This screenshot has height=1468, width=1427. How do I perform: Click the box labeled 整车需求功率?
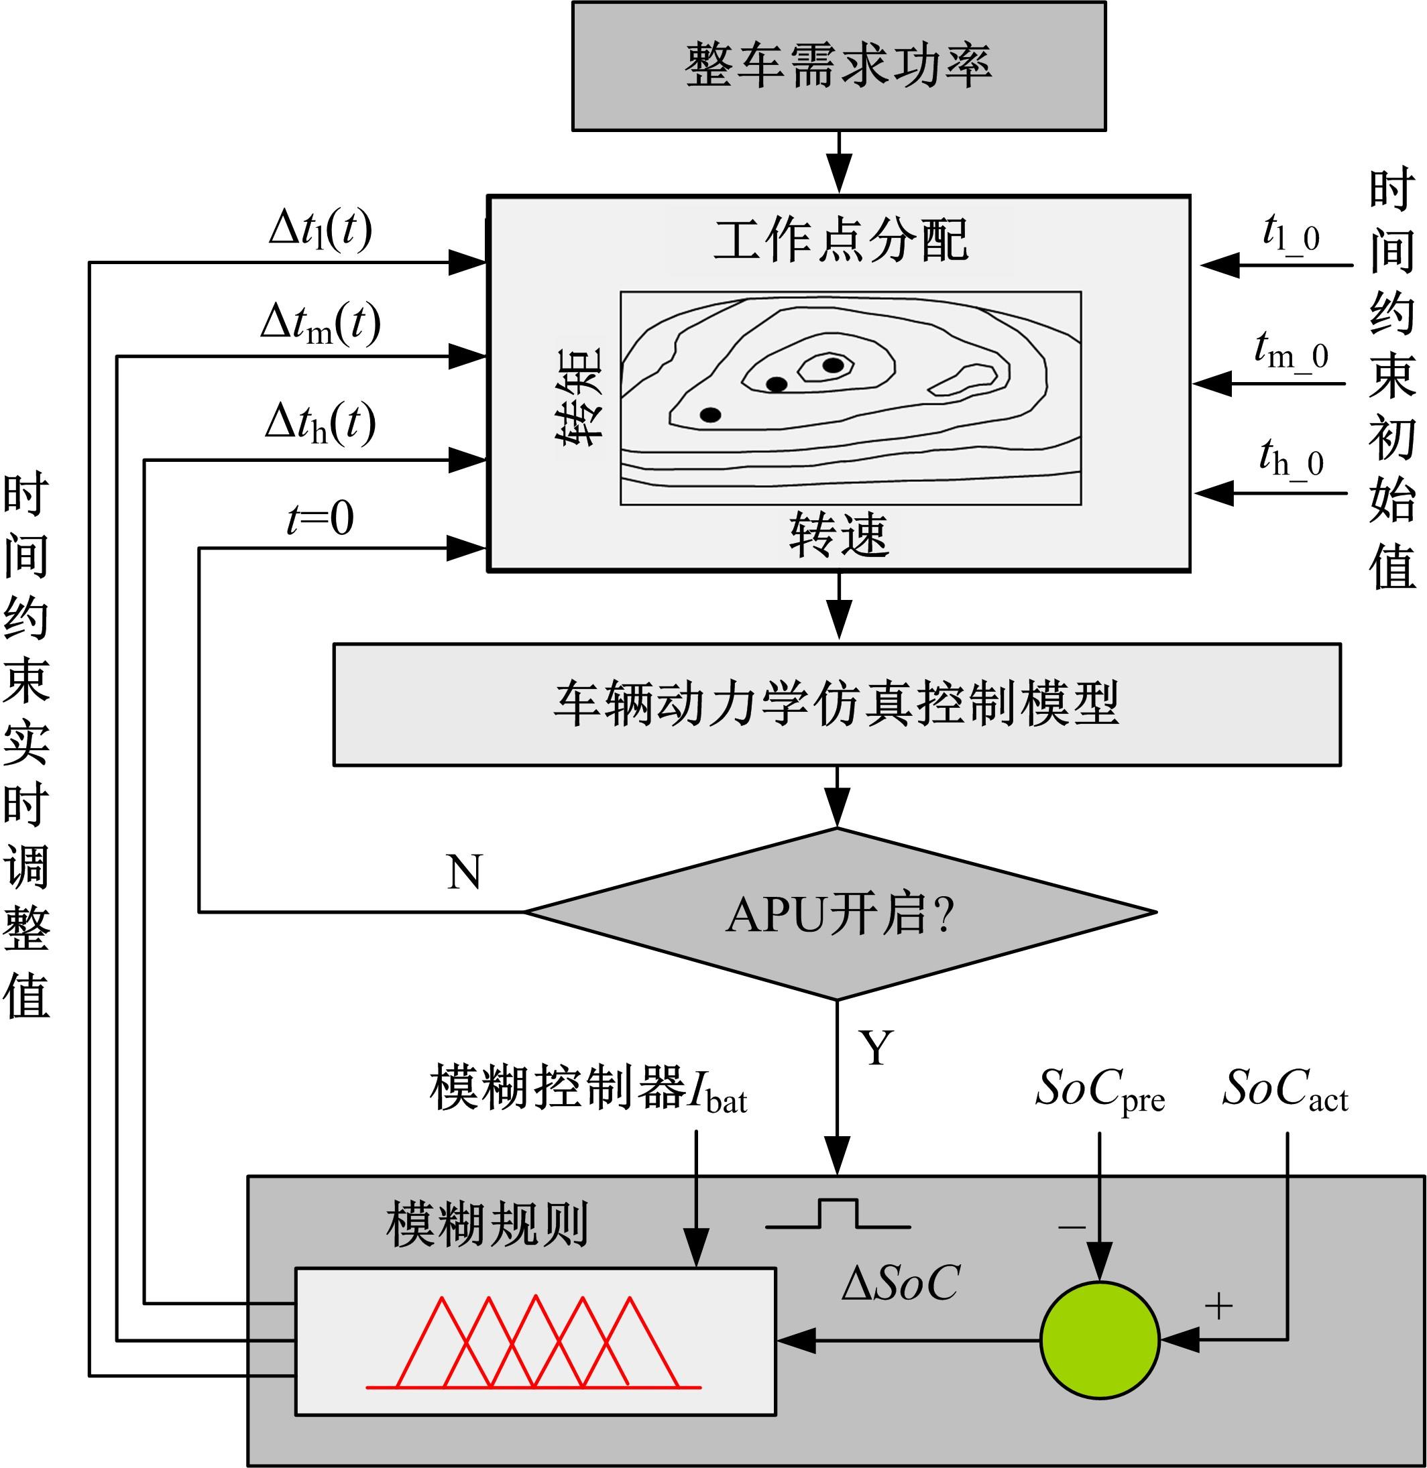pos(838,66)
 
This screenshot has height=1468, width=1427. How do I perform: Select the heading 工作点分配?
pos(840,241)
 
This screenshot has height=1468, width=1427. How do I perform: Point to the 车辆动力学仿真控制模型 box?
pos(836,704)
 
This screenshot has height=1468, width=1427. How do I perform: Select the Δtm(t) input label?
pos(320,324)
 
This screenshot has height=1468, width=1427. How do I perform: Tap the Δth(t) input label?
pos(320,423)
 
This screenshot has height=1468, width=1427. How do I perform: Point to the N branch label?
pos(464,871)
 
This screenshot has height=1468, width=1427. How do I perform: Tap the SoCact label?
pos(1285,1089)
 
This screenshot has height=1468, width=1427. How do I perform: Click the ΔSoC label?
pos(900,1284)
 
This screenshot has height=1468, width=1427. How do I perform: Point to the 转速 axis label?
pos(839,535)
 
